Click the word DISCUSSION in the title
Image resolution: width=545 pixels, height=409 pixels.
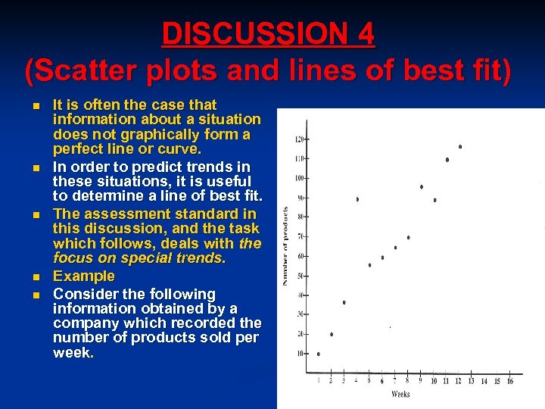pyautogui.click(x=243, y=33)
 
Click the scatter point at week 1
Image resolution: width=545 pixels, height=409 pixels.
pyautogui.click(x=319, y=354)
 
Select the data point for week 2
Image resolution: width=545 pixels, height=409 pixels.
pyautogui.click(x=332, y=334)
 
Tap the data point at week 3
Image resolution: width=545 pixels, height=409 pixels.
pyautogui.click(x=344, y=302)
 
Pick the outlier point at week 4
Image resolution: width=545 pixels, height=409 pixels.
pyautogui.click(x=357, y=199)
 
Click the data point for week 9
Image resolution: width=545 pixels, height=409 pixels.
pyautogui.click(x=422, y=186)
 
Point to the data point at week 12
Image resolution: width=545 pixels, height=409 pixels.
pyautogui.click(x=460, y=147)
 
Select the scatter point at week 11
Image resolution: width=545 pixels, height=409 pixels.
pyautogui.click(x=447, y=160)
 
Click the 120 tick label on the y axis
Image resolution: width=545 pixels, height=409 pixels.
pyautogui.click(x=300, y=139)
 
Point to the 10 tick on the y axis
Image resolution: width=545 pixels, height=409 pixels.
pyautogui.click(x=301, y=353)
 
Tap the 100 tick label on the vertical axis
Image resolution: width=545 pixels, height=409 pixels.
pyautogui.click(x=300, y=178)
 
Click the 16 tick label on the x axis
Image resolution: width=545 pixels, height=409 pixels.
pyautogui.click(x=509, y=381)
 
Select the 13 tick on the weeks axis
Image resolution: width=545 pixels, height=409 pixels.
pyautogui.click(x=472, y=381)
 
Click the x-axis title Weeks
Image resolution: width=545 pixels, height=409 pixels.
pyautogui.click(x=401, y=395)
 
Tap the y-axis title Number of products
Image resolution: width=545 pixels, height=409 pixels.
pyautogui.click(x=285, y=246)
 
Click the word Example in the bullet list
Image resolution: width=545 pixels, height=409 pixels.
pyautogui.click(x=84, y=276)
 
